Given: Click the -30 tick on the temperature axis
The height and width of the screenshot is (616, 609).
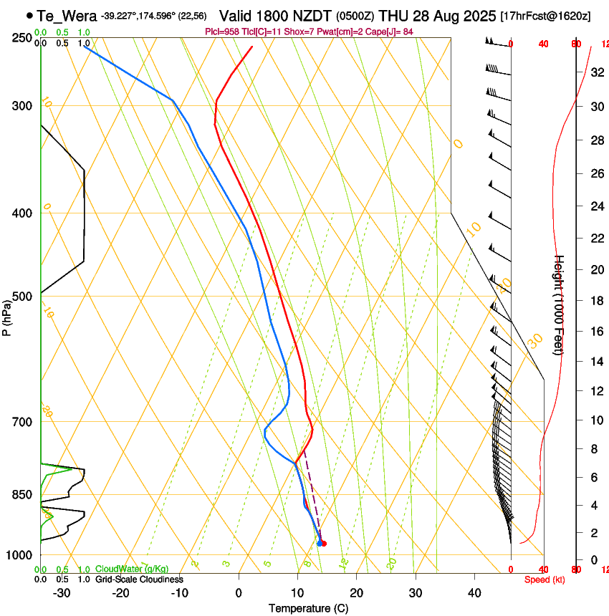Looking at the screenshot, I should [x=62, y=593].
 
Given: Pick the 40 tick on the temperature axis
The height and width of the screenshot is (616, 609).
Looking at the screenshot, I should [x=474, y=593].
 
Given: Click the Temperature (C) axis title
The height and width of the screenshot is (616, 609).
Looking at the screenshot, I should [x=308, y=608].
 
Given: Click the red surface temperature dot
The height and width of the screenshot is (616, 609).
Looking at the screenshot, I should [x=325, y=544].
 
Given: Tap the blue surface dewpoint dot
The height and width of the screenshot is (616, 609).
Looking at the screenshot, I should [x=320, y=544].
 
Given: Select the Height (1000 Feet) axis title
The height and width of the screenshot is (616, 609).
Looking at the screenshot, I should [x=560, y=305].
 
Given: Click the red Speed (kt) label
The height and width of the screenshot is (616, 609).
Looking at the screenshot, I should [x=545, y=579].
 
